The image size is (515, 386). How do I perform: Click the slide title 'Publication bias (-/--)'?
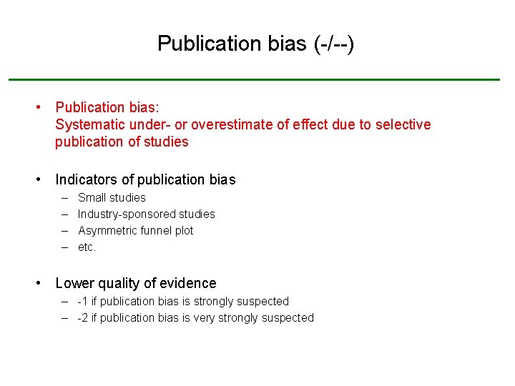click(255, 44)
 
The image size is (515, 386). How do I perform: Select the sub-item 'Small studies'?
click(112, 197)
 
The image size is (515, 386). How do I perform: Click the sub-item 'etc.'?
click(87, 247)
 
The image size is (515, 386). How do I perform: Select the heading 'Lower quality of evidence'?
click(135, 283)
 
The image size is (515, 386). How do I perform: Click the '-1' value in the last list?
click(83, 301)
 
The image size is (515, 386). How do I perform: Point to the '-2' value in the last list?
click(83, 317)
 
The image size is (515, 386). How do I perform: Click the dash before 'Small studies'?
click(64, 197)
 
